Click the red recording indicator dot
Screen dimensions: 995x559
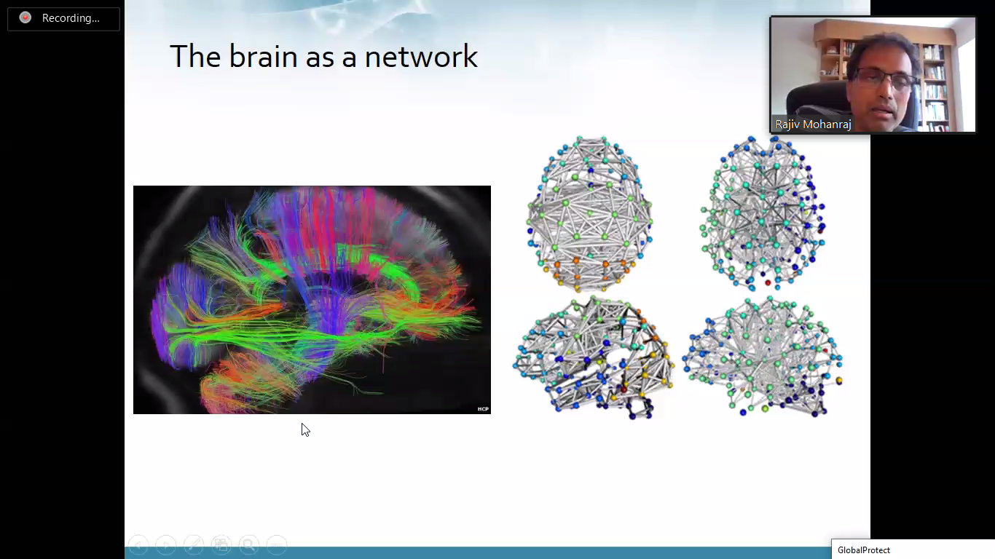pyautogui.click(x=25, y=17)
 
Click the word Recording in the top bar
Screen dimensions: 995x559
pyautogui.click(x=71, y=18)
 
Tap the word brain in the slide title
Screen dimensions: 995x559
pyautogui.click(x=263, y=57)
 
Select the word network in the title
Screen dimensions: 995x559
pyautogui.click(x=421, y=57)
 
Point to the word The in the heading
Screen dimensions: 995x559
pyautogui.click(x=195, y=57)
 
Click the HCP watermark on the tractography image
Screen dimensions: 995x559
pyautogui.click(x=483, y=409)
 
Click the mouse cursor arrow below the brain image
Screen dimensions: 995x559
pyautogui.click(x=305, y=429)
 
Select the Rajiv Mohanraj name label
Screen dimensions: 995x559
pyautogui.click(x=813, y=124)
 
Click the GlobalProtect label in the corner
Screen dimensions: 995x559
pyautogui.click(x=863, y=550)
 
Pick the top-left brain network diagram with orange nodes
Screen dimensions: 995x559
pyautogui.click(x=589, y=213)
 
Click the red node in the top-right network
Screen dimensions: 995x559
pyautogui.click(x=768, y=283)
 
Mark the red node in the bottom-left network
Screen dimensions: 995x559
pyautogui.click(x=624, y=389)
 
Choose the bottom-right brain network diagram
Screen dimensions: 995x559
pyautogui.click(x=762, y=357)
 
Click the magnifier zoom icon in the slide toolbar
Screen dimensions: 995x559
pyautogui.click(x=249, y=544)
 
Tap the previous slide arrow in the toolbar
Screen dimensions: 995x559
pyautogui.click(x=138, y=544)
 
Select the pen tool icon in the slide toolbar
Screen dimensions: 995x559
pyautogui.click(x=193, y=544)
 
